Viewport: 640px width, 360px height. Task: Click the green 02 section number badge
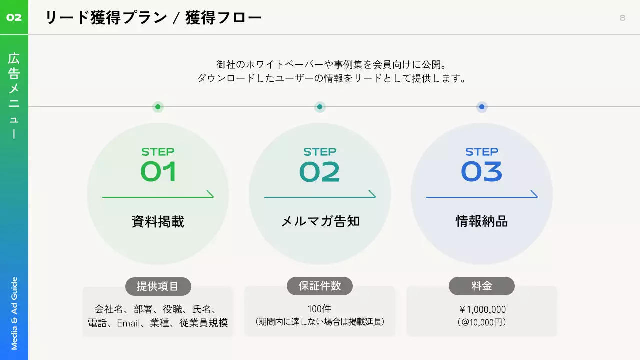tap(14, 18)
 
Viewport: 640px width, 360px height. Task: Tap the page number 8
tap(622, 18)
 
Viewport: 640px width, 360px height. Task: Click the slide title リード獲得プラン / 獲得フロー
tap(153, 18)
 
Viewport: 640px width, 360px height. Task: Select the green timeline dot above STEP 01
tap(158, 107)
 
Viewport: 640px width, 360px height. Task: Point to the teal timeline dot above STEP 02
tap(320, 107)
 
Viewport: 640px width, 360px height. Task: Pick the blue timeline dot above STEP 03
tap(482, 107)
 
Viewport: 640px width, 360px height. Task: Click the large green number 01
tap(158, 172)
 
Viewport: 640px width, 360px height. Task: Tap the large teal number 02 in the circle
tap(320, 172)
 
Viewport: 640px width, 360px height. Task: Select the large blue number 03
tap(482, 172)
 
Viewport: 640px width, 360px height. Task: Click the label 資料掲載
tap(158, 222)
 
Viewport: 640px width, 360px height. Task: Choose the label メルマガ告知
tap(320, 221)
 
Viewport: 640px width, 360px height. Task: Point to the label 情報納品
tap(482, 221)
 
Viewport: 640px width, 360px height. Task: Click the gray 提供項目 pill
tap(158, 286)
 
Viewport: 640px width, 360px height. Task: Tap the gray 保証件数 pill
tap(320, 286)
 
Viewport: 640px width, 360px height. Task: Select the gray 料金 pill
tap(482, 286)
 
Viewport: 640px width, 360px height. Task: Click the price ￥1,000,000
tap(482, 310)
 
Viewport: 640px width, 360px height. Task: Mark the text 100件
tap(320, 309)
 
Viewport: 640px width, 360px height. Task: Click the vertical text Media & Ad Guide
tap(14, 313)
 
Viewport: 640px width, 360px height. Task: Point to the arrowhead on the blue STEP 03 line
tap(534, 194)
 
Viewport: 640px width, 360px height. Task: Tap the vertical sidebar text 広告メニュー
tap(14, 95)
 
